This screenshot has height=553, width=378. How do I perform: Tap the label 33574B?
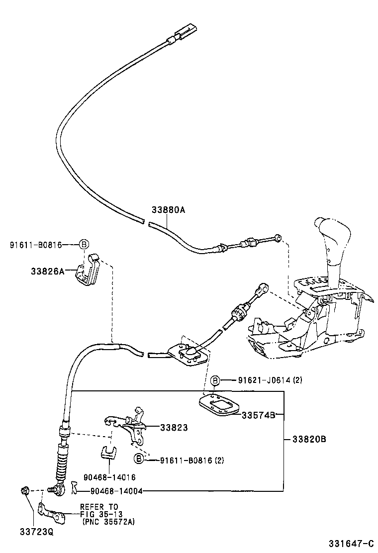pos(259,415)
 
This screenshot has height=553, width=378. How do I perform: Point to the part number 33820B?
pos(309,439)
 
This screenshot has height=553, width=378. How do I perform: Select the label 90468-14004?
pos(117,491)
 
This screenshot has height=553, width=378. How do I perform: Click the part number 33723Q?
pos(36,531)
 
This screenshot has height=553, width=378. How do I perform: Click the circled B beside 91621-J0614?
pos(215,380)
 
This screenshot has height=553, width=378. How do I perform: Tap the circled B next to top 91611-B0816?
pos(84,244)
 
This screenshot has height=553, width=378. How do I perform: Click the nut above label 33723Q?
pos(24,491)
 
